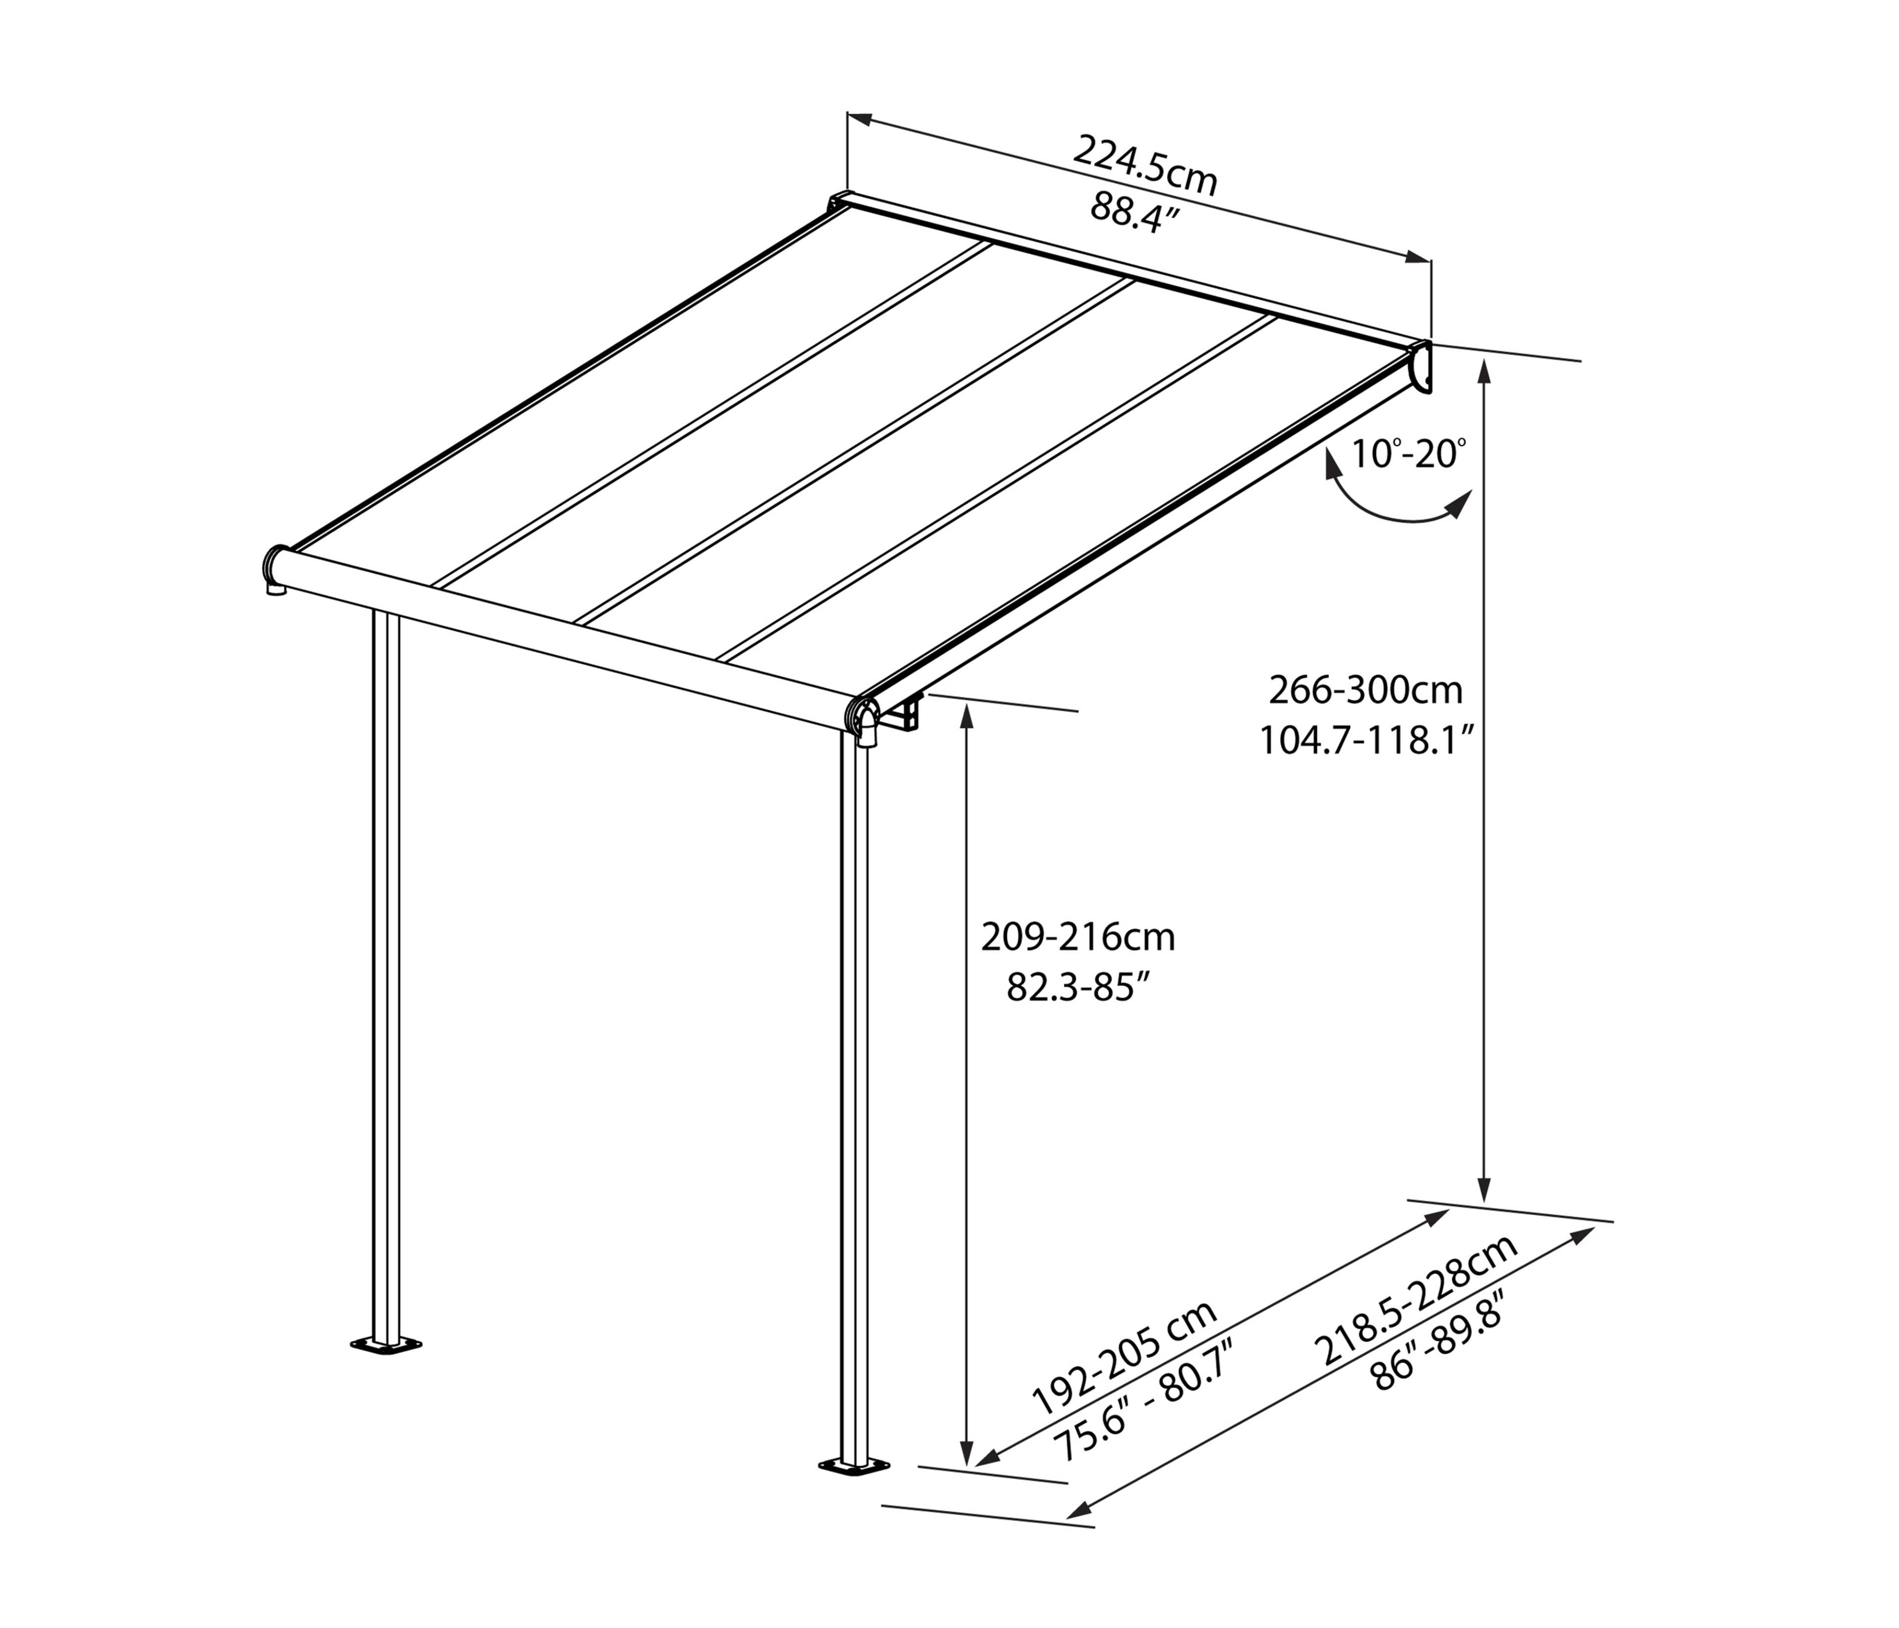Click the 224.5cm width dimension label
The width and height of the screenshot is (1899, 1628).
click(x=1146, y=165)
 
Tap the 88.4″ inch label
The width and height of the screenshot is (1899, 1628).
click(x=1134, y=214)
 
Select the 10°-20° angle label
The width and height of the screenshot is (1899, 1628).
click(x=1408, y=453)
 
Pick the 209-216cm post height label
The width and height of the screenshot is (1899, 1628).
click(x=1078, y=937)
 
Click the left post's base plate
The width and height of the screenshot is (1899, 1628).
click(x=386, y=1346)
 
